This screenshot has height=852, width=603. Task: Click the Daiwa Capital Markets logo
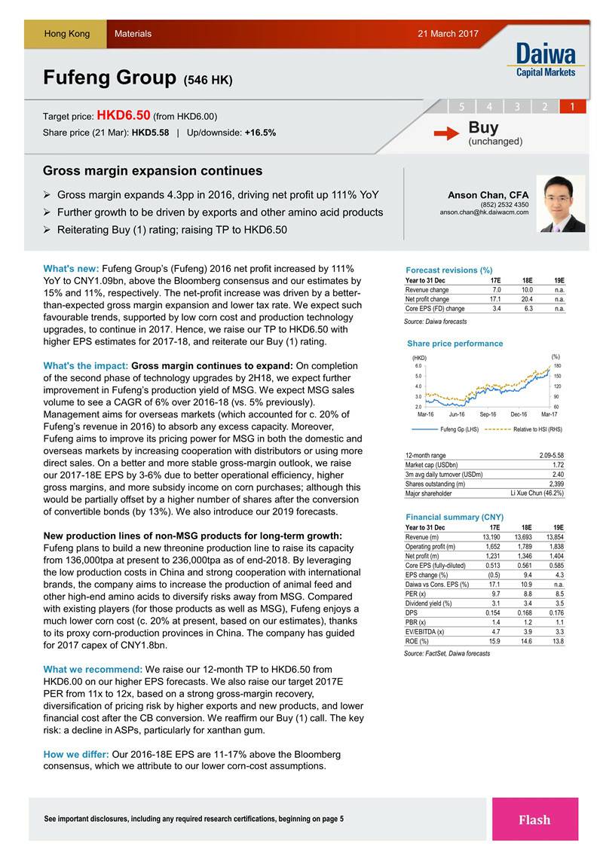tap(546, 60)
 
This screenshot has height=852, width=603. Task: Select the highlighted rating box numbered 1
tap(572, 106)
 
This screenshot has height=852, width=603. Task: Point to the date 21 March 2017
tap(448, 34)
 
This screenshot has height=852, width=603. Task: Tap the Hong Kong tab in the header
tap(66, 34)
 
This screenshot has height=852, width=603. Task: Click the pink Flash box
tap(534, 820)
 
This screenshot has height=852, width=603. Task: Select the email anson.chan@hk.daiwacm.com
tap(484, 212)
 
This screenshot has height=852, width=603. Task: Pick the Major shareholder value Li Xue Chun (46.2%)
tap(537, 493)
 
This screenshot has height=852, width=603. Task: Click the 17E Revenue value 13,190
tap(491, 536)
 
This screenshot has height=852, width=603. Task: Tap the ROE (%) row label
tap(417, 641)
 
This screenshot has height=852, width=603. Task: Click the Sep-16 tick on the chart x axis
tap(488, 414)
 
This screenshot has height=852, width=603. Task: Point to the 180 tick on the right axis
tap(557, 366)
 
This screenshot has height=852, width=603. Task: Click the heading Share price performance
tap(454, 344)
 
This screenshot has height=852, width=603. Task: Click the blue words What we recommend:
tap(93, 669)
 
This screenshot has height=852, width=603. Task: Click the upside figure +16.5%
tap(260, 133)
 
